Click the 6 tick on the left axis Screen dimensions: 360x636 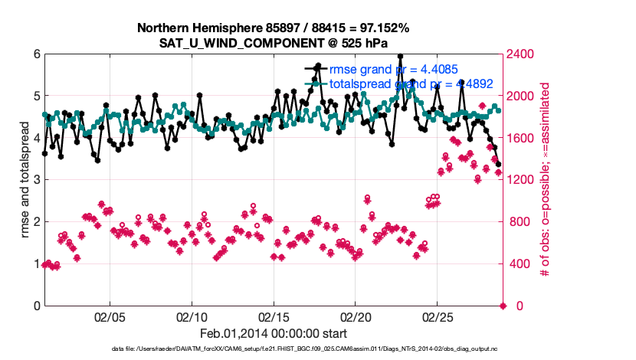pos(37,54)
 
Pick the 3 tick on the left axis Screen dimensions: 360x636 pos(37,180)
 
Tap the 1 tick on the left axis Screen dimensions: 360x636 pos(37,264)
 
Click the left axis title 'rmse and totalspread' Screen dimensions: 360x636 pos(25,180)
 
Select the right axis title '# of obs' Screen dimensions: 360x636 pos(546,180)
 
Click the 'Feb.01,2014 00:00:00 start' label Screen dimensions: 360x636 pos(274,334)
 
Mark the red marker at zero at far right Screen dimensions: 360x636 pos(503,306)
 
